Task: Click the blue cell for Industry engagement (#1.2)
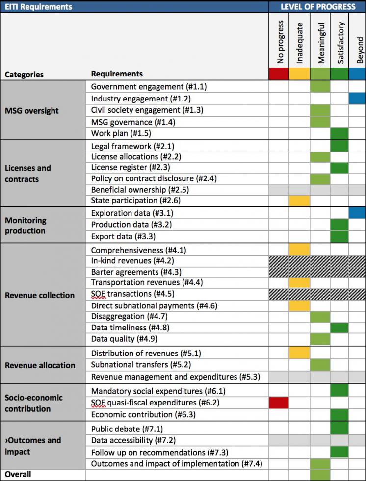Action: point(357,99)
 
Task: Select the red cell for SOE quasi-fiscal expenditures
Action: point(279,403)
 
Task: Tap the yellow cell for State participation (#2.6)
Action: point(299,201)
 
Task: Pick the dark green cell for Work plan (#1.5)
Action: point(340,134)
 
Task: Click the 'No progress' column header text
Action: point(280,42)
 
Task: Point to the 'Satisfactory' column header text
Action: point(340,42)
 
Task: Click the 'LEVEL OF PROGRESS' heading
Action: point(318,6)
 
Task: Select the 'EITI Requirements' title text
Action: point(38,7)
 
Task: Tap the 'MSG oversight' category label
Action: point(31,111)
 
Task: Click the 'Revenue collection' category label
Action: point(40,295)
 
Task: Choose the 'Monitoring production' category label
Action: point(26,226)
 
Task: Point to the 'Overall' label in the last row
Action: point(18,474)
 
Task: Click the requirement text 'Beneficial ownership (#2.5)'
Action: point(140,190)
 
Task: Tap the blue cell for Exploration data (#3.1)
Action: point(357,213)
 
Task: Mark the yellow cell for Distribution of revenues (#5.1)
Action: point(299,353)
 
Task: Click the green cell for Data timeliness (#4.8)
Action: point(340,328)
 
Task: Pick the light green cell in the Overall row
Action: point(320,474)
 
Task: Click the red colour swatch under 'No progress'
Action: point(279,74)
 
